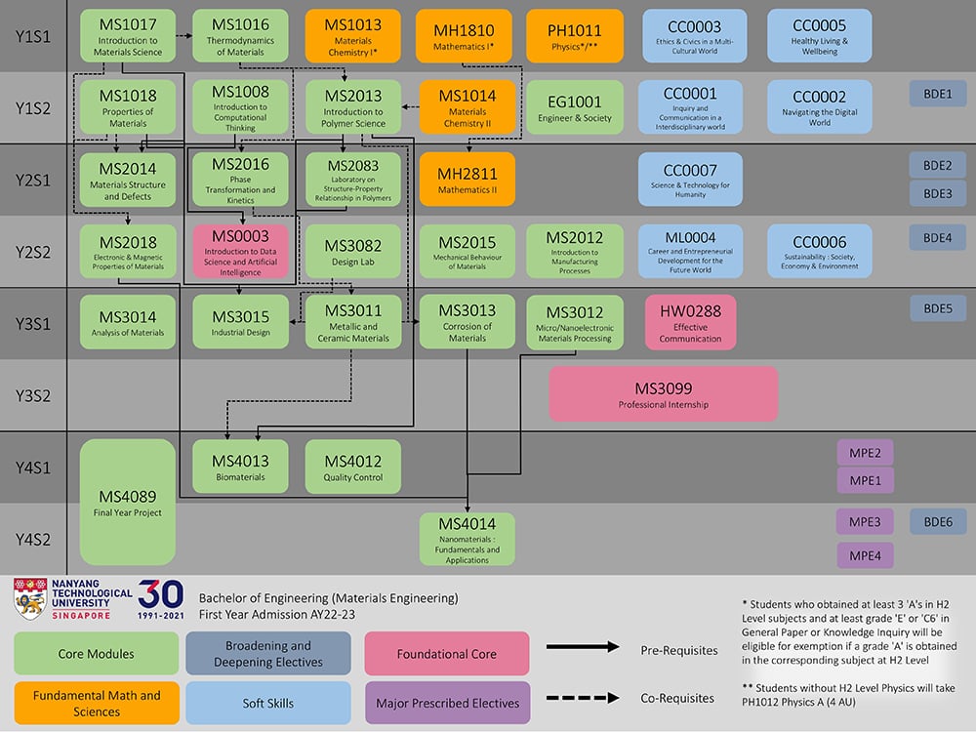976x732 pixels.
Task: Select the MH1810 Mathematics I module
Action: click(464, 37)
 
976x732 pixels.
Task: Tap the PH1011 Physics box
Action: click(575, 37)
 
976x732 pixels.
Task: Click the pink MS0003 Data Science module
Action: click(240, 251)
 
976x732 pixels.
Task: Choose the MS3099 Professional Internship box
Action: click(663, 394)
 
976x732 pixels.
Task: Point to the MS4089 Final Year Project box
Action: click(128, 502)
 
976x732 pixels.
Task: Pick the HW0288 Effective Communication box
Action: click(690, 322)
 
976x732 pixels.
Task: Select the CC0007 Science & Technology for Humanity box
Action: click(689, 179)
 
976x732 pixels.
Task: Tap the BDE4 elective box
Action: click(937, 237)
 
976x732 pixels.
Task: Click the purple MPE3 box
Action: click(865, 522)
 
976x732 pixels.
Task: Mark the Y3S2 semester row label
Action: click(33, 395)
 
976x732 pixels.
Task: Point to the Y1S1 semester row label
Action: click(33, 36)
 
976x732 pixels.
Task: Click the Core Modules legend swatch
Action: click(96, 653)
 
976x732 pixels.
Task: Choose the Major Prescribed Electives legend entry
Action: click(447, 702)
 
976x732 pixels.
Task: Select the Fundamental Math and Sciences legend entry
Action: click(96, 702)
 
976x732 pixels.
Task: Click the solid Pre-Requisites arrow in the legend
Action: click(583, 647)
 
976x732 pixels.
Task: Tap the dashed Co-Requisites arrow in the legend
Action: click(583, 697)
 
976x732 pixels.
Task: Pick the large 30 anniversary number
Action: click(161, 594)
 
